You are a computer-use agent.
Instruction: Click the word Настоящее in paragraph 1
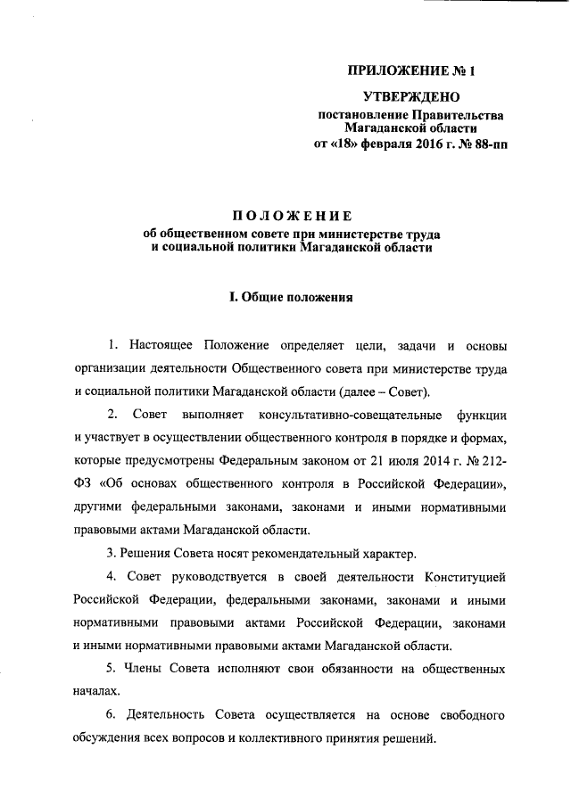(161, 344)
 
